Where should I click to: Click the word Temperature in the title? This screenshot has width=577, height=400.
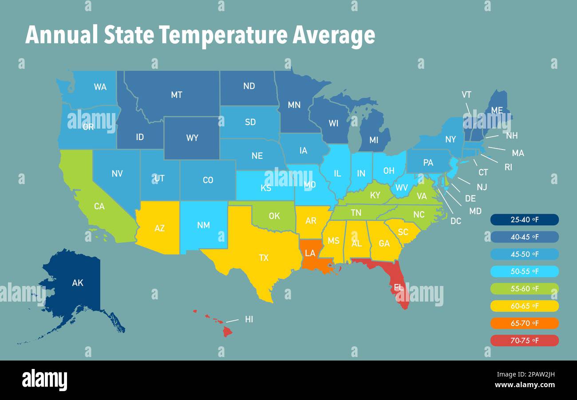pyautogui.click(x=224, y=35)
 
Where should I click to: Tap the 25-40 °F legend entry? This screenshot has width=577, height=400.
pyautogui.click(x=524, y=220)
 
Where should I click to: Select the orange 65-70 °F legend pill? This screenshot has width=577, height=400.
pyautogui.click(x=524, y=323)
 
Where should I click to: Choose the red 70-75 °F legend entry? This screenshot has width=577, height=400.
pyautogui.click(x=524, y=341)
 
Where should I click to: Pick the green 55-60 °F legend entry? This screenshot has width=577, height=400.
pyautogui.click(x=524, y=289)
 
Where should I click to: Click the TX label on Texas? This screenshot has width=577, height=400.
pyautogui.click(x=264, y=258)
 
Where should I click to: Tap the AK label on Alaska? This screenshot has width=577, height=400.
pyautogui.click(x=77, y=282)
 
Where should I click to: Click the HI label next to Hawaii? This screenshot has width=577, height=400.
pyautogui.click(x=249, y=319)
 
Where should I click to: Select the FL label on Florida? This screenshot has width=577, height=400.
pyautogui.click(x=399, y=287)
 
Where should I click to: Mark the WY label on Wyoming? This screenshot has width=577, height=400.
pyautogui.click(x=192, y=138)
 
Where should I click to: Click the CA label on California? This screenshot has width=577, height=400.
pyautogui.click(x=99, y=206)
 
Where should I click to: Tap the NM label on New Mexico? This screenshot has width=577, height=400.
pyautogui.click(x=203, y=225)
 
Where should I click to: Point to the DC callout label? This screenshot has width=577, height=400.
pyautogui.click(x=455, y=221)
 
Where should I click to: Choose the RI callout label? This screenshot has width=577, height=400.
pyautogui.click(x=508, y=167)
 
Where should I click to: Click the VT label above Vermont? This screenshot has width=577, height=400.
pyautogui.click(x=466, y=94)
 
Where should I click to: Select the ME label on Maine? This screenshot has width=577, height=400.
pyautogui.click(x=497, y=110)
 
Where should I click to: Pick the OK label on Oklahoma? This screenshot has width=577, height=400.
pyautogui.click(x=274, y=216)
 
